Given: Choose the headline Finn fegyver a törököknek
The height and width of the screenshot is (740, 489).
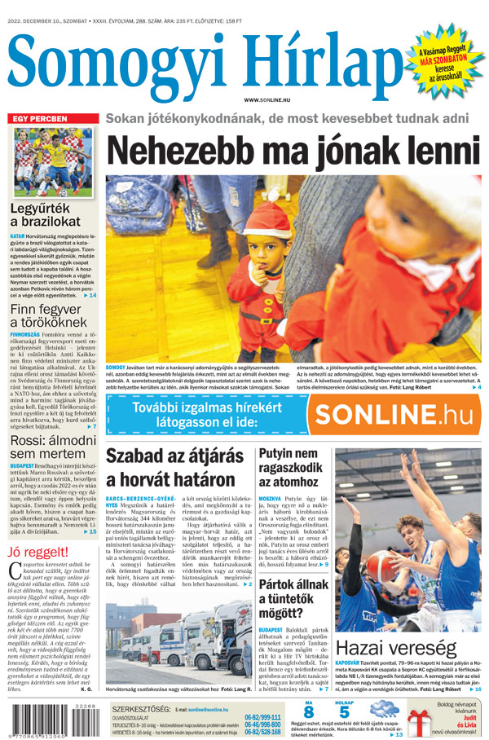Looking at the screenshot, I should coord(51,317).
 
